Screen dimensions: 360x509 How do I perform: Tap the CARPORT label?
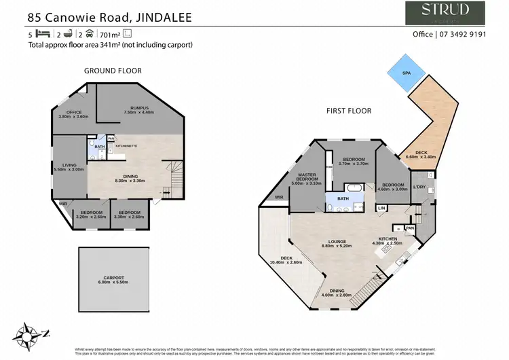click(x=114, y=278)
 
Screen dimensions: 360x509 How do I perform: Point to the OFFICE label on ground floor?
click(x=69, y=113)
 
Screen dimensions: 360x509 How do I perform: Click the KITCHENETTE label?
click(x=127, y=145)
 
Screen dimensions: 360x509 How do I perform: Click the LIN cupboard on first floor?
click(x=381, y=207)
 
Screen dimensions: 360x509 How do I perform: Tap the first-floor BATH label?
click(x=343, y=198)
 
